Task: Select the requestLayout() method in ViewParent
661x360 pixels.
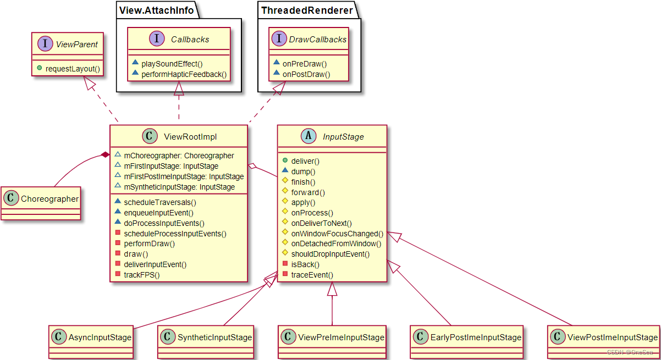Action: point(73,69)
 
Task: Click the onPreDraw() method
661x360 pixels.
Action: point(304,64)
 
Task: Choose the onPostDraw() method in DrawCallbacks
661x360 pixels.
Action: point(306,74)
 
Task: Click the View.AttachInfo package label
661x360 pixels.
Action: point(150,9)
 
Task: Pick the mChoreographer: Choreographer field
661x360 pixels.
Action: point(179,156)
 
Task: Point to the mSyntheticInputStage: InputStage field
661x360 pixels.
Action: point(179,187)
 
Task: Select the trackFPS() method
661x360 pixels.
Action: point(141,275)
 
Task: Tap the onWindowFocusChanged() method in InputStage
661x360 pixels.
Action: point(337,234)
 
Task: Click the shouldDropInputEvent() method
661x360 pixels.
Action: point(330,254)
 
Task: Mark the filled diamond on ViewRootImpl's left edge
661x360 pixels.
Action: point(104,156)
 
